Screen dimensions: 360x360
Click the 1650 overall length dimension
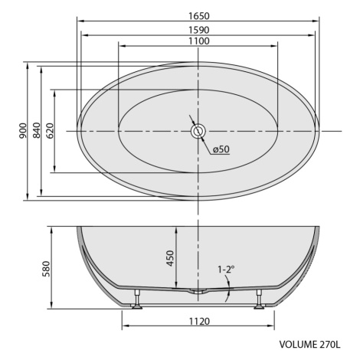click(199, 16)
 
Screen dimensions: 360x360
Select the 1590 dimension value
click(199, 30)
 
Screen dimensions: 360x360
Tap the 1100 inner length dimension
click(199, 41)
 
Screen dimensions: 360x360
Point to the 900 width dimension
click(23, 131)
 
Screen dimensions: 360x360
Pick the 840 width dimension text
click(37, 130)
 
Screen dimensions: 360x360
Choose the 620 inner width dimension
click(51, 131)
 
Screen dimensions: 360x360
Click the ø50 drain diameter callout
click(221, 149)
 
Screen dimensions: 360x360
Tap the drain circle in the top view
click(198, 131)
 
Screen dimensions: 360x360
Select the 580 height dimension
click(46, 269)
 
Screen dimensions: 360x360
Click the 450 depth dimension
click(170, 258)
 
